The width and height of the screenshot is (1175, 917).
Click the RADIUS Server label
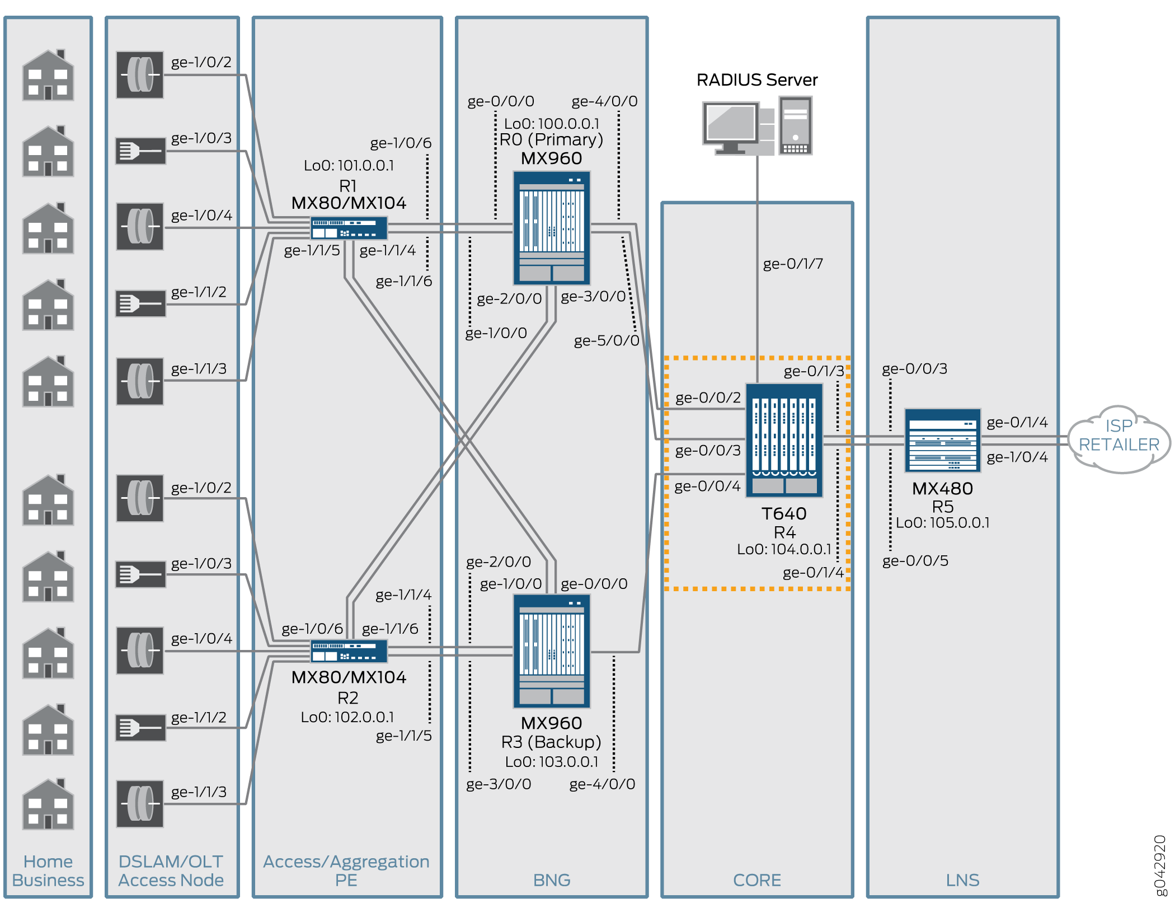point(756,80)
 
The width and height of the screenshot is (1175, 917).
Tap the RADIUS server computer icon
point(756,127)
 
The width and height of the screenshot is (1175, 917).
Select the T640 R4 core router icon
point(784,440)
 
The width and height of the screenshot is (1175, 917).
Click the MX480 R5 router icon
point(942,441)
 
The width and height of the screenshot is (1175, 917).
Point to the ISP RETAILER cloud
point(1118,439)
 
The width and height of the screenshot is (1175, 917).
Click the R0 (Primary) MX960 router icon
point(552,228)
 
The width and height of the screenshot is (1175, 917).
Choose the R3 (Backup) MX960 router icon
point(552,651)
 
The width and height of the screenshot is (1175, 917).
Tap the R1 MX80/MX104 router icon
point(349,228)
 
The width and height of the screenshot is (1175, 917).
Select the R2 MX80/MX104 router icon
point(349,651)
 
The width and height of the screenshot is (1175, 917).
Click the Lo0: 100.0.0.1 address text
point(552,123)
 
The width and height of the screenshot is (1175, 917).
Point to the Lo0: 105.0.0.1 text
point(943,523)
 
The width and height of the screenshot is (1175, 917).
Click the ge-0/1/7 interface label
point(793,264)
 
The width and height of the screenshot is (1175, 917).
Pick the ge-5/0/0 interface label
point(607,340)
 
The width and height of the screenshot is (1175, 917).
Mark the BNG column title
point(552,880)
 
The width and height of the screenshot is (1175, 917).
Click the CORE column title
point(756,880)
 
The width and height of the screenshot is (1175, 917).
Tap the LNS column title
point(962,880)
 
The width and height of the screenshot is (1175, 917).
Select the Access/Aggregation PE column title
point(346,871)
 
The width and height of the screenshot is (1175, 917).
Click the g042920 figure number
point(1160,865)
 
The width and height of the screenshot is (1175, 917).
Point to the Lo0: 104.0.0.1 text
point(784,549)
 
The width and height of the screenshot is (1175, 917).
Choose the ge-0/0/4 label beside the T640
point(707,486)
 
